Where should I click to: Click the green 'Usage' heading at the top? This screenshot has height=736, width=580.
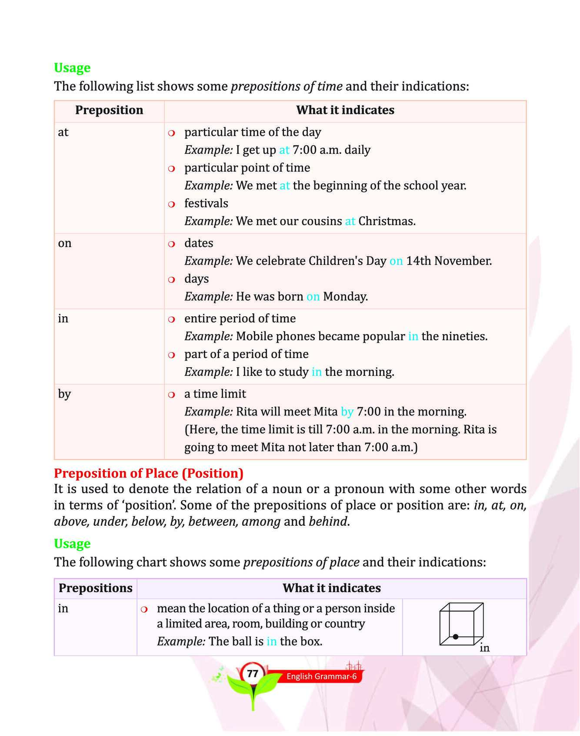72,68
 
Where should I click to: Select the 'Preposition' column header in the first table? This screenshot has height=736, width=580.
109,110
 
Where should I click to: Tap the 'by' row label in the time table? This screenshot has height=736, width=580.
64,394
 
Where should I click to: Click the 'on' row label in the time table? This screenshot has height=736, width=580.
65,243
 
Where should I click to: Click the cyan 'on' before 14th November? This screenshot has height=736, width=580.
396,261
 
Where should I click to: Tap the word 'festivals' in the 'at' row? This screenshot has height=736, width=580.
206,203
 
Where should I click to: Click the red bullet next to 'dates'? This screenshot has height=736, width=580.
171,244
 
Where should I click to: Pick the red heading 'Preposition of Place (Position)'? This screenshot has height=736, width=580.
149,473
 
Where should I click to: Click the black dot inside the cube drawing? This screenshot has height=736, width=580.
455,637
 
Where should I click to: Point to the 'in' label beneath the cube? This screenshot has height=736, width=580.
484,648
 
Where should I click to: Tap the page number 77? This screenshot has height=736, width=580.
253,673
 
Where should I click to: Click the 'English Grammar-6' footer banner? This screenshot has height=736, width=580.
321,676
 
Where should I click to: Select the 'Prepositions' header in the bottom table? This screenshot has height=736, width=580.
95,588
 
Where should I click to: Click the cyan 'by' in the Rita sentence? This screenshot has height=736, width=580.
347,412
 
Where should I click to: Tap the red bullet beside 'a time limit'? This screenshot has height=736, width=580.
171,395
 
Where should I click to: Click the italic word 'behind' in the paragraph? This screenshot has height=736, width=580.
328,521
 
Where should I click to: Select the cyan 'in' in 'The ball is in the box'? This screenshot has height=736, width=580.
271,641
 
